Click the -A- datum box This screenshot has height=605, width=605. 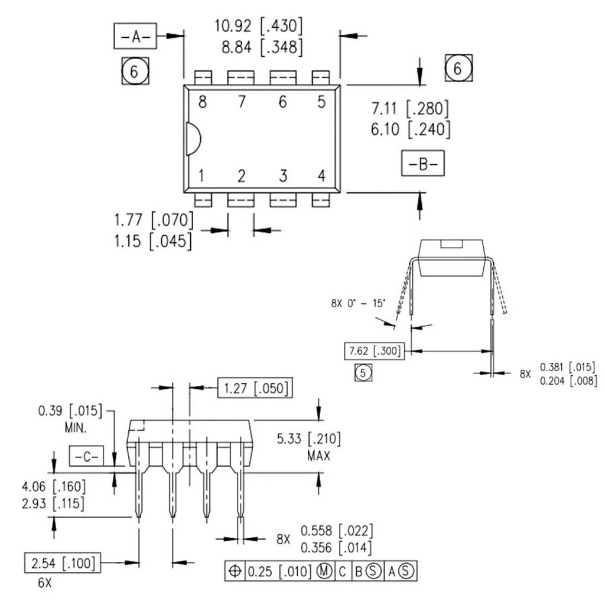pos(135,37)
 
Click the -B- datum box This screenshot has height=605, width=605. pos(423,164)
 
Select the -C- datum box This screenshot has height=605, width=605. pos(87,456)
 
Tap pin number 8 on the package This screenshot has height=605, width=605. pos(203,102)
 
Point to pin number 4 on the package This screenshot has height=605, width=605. pos(321,175)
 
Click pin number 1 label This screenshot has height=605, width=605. pos(202,175)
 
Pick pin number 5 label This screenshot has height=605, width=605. pos(321,102)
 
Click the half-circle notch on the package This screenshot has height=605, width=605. pos(193,139)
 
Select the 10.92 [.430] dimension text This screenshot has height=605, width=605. pos(259,27)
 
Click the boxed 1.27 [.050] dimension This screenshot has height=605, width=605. pos(255,388)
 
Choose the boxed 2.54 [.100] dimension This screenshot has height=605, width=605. pos(62,562)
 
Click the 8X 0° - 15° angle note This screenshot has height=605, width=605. pos(358,304)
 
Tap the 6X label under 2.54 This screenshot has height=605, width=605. pos(45,583)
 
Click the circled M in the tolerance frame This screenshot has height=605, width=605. pos(324,571)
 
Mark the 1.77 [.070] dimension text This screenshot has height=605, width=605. pos(154,220)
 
